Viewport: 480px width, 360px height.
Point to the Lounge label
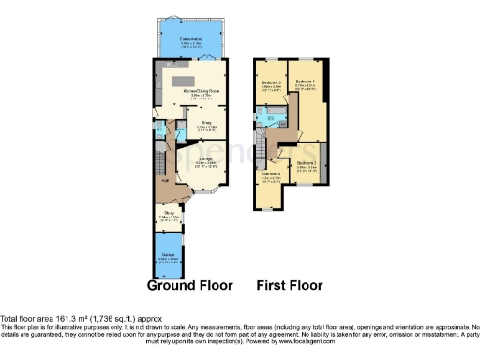(x=207, y=160)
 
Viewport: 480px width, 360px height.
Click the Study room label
(x=170, y=214)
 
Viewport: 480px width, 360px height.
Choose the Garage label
(x=169, y=257)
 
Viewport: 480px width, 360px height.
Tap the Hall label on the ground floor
(x=165, y=180)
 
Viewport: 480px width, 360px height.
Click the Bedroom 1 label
(x=304, y=82)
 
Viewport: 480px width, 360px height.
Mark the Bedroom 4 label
(x=271, y=174)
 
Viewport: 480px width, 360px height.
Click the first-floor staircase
(x=262, y=146)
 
